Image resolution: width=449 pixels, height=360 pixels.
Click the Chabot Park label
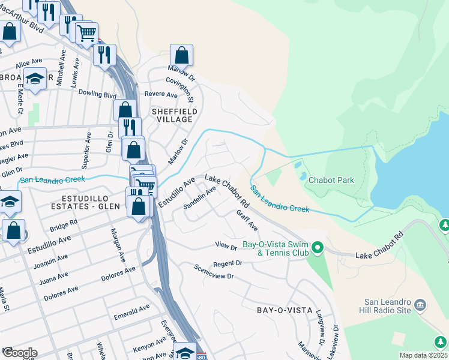[x=331, y=180]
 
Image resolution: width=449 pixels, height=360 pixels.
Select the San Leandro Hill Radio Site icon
[x=420, y=305]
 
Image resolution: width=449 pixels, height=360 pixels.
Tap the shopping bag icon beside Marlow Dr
[x=181, y=55]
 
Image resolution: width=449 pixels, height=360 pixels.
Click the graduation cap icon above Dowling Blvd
[x=35, y=79]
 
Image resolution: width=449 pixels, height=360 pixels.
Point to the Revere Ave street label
[x=161, y=95]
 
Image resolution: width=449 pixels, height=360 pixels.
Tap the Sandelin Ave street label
[x=199, y=199]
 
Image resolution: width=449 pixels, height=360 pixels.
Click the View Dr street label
[x=226, y=245]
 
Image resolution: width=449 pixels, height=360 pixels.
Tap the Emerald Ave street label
[x=131, y=310]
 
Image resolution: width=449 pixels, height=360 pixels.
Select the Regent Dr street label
[x=227, y=263]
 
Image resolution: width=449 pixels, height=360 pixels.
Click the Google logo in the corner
[x=20, y=352]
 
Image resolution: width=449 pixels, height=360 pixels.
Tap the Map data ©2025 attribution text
[x=423, y=355]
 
